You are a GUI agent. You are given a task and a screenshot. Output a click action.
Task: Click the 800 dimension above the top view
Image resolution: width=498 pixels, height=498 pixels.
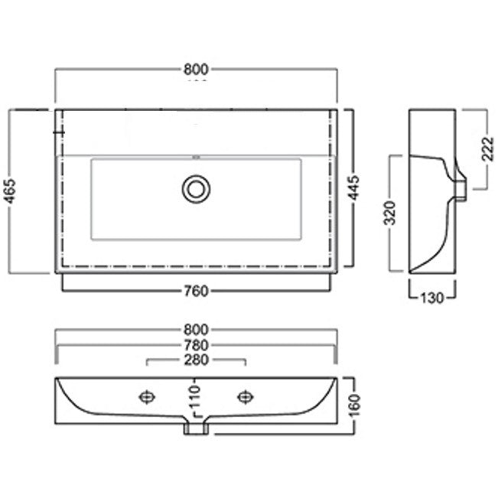196,70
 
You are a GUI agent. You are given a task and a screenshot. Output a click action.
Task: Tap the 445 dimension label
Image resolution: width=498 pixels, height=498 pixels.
354,187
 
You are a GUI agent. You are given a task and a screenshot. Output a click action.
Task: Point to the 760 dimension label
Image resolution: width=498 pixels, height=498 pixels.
197,291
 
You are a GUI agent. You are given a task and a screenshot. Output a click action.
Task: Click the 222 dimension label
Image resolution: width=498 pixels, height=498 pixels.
488,149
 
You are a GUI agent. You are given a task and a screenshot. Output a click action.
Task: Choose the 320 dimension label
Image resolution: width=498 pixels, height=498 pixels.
389,213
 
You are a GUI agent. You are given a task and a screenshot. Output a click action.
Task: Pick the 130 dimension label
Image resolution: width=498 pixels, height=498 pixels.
431,298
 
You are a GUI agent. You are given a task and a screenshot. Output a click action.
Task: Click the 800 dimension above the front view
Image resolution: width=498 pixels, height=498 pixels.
196,330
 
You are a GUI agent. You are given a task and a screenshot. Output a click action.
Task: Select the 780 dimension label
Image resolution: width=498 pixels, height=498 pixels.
196,345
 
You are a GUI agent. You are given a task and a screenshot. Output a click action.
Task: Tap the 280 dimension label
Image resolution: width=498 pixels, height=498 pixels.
196,360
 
